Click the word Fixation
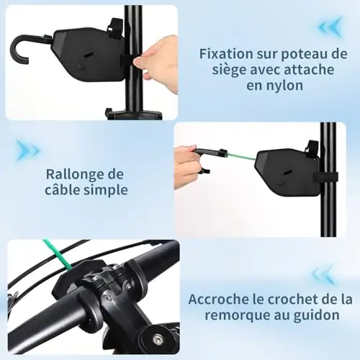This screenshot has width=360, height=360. pos(226,54)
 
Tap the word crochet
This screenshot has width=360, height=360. pos(293,300)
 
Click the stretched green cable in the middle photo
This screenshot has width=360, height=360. pos(241,156)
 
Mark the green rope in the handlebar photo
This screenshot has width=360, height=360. pos(57,254)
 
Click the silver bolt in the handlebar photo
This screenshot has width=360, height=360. pos(157,338)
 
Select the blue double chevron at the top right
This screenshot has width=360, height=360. pos(330,27)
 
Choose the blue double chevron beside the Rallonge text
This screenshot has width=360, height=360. pos(28,150)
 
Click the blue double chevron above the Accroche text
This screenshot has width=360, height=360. pos(323,275)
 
